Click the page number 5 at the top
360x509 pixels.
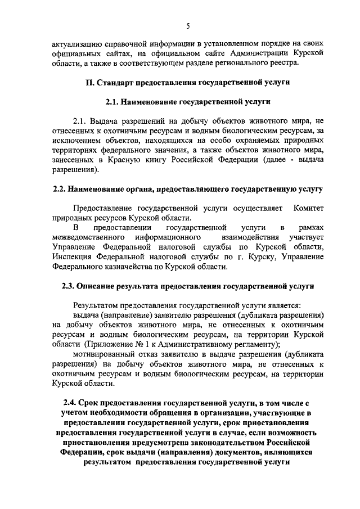coord(188,25)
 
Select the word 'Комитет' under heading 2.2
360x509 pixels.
coord(309,208)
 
